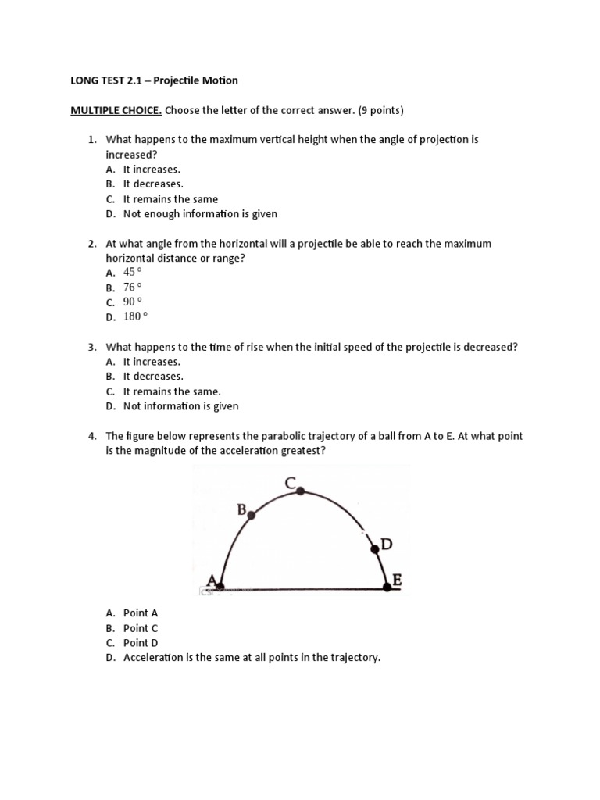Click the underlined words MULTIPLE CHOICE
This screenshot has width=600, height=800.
pos(116,110)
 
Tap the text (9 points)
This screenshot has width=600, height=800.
pos(378,110)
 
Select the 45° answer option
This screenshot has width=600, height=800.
pos(133,272)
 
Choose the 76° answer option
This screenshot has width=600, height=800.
pos(133,287)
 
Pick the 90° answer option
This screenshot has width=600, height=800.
pos(133,302)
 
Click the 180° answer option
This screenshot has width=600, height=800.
pos(135,316)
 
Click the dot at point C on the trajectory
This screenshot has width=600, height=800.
pos(301,491)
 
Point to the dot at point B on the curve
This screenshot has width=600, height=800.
pos(251,516)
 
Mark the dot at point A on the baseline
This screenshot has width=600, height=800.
pos(220,586)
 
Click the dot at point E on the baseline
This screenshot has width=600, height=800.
pos(387,587)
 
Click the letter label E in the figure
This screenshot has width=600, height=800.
pos(397,580)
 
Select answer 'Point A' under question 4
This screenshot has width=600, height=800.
pos(141,613)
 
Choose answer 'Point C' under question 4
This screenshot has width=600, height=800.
pos(141,628)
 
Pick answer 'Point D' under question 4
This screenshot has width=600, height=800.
pos(141,643)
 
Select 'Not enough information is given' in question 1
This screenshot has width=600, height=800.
pos(200,213)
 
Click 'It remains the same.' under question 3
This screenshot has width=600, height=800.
pos(172,391)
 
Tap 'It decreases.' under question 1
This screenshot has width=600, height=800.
pos(153,184)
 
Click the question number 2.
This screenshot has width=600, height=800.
pos(91,244)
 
